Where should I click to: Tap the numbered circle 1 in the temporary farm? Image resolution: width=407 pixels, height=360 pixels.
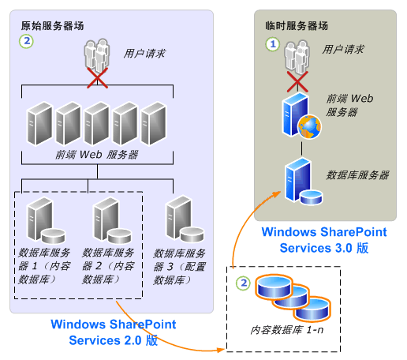coord(274,45)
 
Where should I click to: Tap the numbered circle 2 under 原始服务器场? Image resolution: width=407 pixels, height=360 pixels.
coord(27,39)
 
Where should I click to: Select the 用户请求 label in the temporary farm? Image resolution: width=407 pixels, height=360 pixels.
coord(343,49)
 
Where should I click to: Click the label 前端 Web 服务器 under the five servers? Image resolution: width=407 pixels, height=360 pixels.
coord(96,154)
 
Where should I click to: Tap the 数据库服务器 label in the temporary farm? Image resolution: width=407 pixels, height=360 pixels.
coord(357,174)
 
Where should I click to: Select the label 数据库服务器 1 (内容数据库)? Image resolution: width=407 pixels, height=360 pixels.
coord(45,265)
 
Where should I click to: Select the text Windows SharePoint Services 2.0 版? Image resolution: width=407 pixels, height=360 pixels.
coord(113,332)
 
